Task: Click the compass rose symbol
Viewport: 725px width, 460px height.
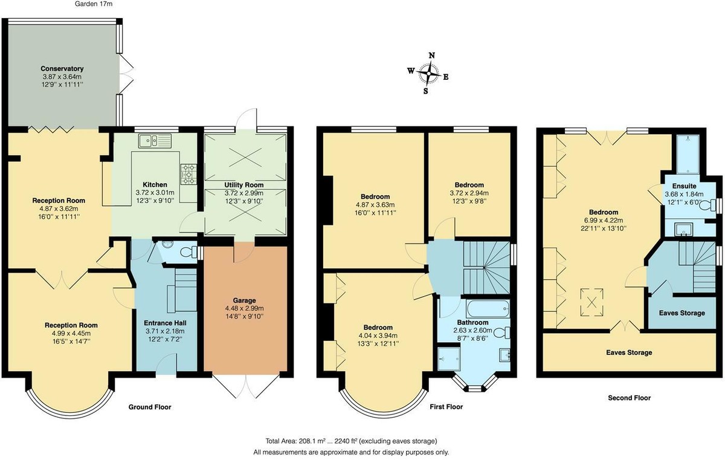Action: [430, 74]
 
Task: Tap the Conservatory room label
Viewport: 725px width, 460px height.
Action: [62, 68]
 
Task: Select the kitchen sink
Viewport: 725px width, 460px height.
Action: [155, 141]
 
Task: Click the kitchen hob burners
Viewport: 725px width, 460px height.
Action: [188, 173]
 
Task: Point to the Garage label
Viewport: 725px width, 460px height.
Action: [244, 300]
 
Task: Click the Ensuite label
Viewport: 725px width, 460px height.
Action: [685, 186]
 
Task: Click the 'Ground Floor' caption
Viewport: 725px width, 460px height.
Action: [150, 407]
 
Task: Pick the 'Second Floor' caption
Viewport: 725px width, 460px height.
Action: [629, 398]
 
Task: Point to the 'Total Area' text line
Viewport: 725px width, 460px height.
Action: [350, 441]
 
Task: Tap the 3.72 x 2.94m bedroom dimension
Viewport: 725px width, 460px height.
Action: [469, 193]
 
